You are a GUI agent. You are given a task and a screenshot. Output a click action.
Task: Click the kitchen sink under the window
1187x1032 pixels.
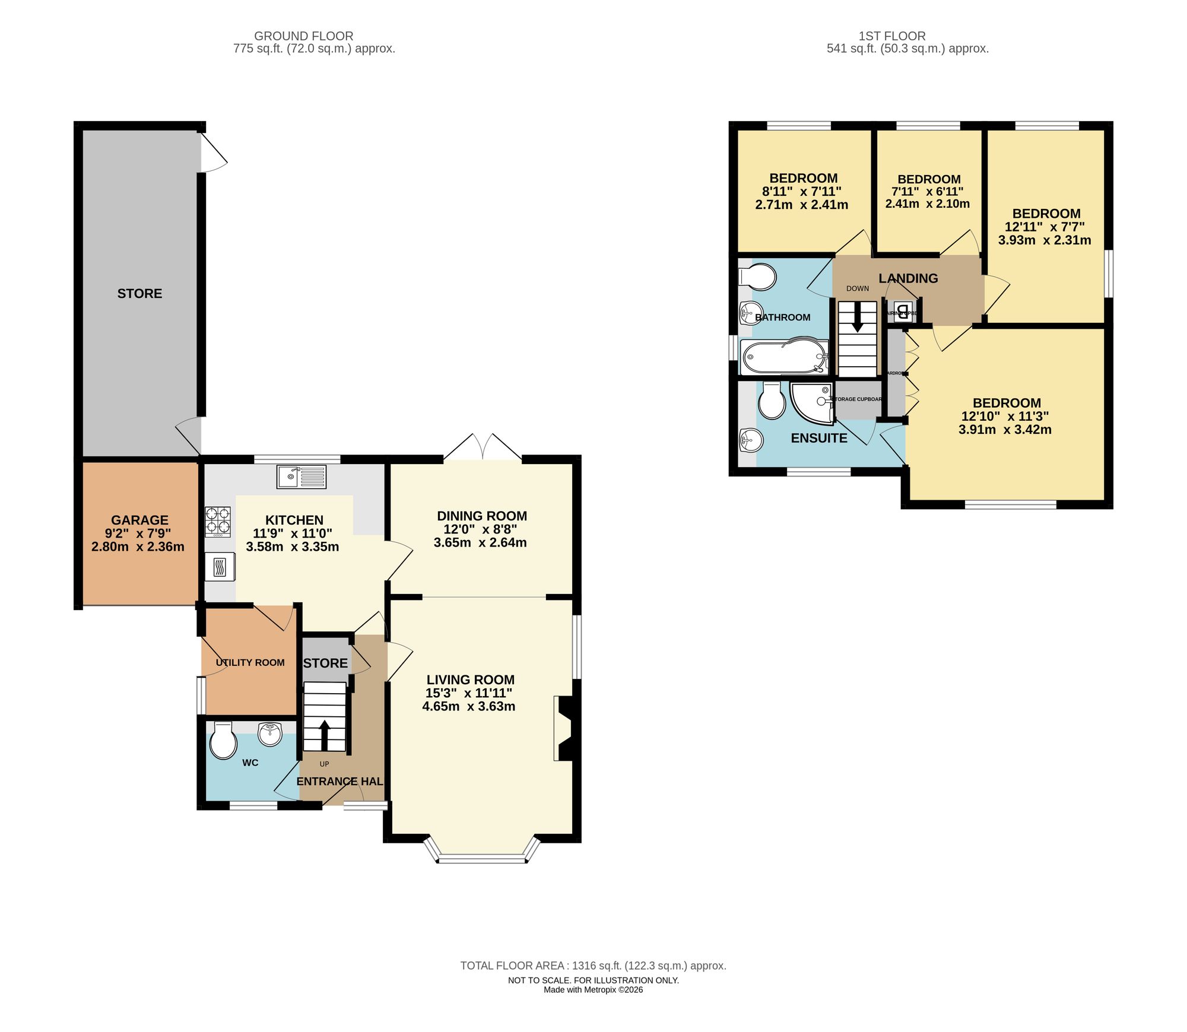click(301, 477)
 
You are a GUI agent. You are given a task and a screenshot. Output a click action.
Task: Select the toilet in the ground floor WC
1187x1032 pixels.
click(223, 741)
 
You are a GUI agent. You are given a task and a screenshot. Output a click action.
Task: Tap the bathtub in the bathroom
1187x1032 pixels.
click(784, 357)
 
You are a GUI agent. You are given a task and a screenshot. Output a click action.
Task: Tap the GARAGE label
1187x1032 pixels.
click(139, 520)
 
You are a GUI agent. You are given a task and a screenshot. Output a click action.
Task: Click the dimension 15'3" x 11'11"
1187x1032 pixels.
click(469, 693)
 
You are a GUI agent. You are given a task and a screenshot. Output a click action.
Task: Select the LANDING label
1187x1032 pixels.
click(908, 278)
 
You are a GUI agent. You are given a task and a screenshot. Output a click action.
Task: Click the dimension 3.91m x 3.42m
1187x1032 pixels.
click(1005, 430)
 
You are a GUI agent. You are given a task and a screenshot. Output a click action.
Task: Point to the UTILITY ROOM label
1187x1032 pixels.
click(250, 662)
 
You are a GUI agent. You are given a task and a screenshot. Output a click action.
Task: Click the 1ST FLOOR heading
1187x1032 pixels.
click(891, 36)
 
